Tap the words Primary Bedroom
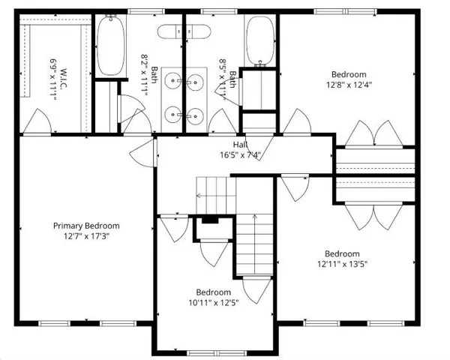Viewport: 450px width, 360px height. (85, 225)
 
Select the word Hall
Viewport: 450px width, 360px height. (240, 145)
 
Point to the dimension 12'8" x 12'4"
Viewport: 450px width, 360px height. (349, 85)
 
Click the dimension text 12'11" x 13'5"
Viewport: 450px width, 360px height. (342, 263)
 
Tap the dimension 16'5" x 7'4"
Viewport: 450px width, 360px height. (240, 155)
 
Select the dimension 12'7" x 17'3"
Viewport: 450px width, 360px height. (85, 235)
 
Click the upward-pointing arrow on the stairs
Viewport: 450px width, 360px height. (255, 240)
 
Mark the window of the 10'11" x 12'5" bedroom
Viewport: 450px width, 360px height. (211, 352)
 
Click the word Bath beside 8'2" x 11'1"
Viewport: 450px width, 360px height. (154, 75)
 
